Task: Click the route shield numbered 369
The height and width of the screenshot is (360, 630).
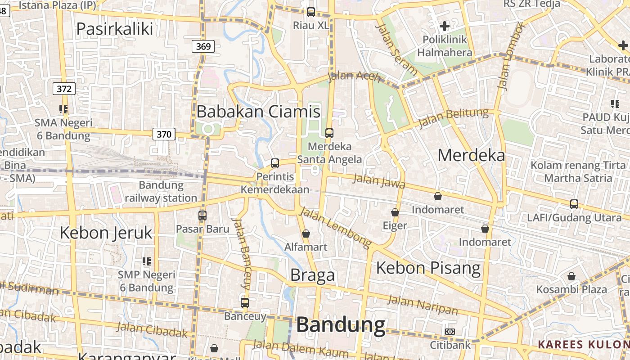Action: click(203, 46)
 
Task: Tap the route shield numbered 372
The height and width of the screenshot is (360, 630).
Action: click(64, 89)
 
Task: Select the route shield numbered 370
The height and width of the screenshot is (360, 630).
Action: click(164, 134)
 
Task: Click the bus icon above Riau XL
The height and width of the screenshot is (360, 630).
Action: click(311, 12)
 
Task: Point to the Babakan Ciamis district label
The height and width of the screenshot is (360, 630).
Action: click(258, 112)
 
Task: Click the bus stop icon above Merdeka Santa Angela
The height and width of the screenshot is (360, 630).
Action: click(329, 133)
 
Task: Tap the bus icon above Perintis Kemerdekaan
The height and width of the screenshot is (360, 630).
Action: click(275, 163)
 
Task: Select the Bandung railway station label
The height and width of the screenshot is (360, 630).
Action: click(161, 192)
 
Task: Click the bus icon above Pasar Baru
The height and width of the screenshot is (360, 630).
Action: click(202, 216)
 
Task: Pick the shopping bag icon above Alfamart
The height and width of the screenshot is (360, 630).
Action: click(306, 234)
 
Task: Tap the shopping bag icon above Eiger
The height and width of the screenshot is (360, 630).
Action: click(395, 212)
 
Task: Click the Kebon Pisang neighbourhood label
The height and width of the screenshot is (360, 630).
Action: click(428, 268)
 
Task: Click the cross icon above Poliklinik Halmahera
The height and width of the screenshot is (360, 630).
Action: click(445, 26)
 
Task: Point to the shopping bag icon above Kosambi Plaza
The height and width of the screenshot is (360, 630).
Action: click(571, 276)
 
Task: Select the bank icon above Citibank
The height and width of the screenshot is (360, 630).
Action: click(450, 332)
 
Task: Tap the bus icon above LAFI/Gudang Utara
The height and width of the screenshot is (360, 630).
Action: click(574, 204)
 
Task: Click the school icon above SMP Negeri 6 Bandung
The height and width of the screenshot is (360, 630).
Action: click(146, 261)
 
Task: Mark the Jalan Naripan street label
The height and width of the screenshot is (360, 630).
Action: click(423, 305)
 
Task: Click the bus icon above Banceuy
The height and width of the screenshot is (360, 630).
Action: click(245, 303)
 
